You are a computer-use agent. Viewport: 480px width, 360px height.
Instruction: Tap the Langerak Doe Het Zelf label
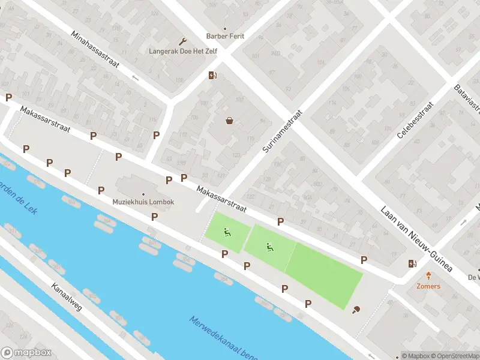coord(182,51)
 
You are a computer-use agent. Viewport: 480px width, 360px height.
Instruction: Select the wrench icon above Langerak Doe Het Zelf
coord(183,41)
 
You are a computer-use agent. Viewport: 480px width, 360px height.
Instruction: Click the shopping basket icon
coord(229,121)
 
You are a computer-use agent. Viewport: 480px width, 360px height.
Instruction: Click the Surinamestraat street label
coord(282,131)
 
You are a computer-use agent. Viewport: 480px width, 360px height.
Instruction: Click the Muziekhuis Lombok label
coord(143,202)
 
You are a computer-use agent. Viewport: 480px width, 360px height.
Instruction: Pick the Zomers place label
coord(428,286)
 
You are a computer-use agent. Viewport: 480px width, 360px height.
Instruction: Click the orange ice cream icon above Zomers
coord(428,276)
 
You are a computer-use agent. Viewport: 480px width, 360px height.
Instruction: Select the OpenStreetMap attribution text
coord(453,356)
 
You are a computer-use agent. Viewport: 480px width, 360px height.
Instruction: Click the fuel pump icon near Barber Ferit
coord(212,76)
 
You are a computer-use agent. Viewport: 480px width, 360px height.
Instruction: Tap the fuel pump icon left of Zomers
coord(412,263)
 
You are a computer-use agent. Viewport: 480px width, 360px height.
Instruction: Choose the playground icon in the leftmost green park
coord(227,232)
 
